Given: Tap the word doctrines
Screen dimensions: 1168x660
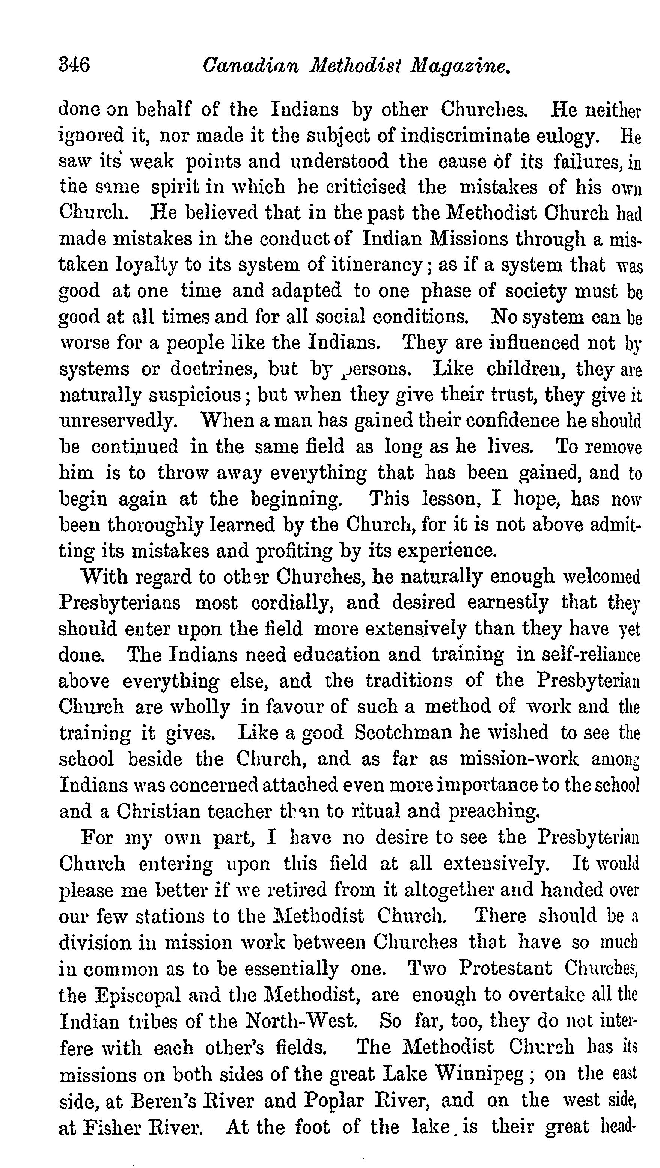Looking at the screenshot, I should (x=214, y=369).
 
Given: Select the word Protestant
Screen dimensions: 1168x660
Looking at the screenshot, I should (x=505, y=968).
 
